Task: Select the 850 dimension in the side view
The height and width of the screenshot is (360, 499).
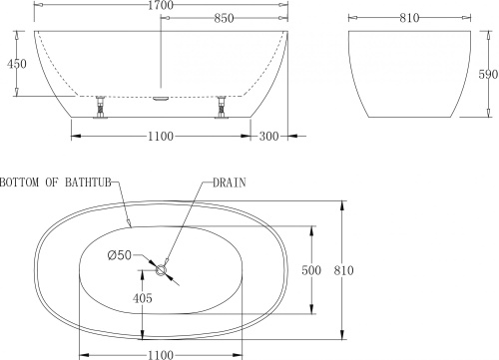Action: click(225, 20)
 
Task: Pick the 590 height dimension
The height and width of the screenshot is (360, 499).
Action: click(487, 74)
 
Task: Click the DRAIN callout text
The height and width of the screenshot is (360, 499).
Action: click(230, 182)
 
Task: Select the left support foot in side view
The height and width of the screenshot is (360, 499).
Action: click(100, 106)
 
